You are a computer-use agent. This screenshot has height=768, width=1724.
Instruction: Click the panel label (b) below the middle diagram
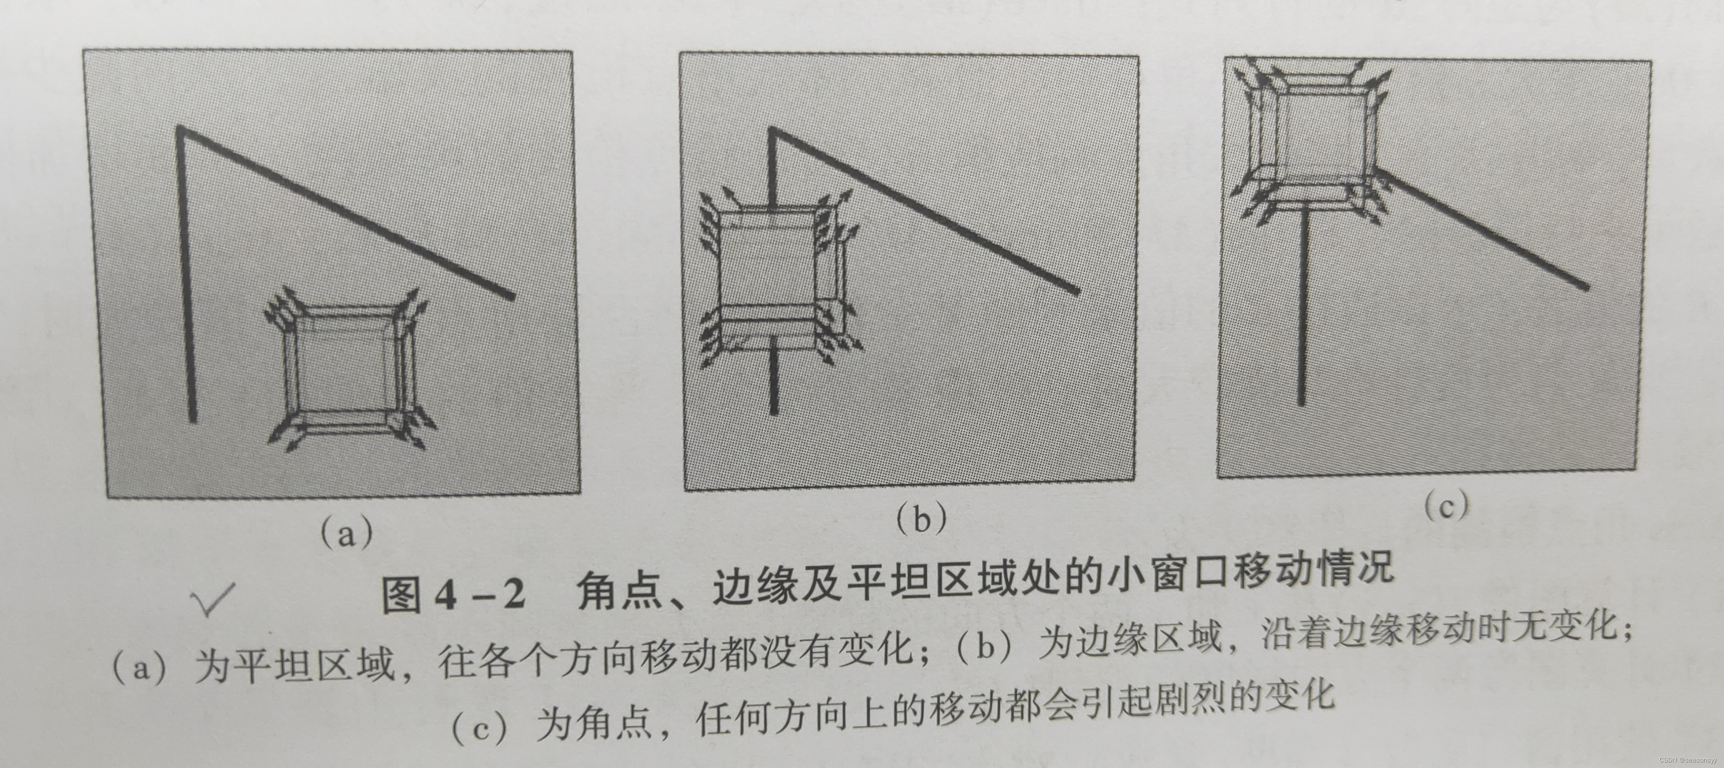[921, 518]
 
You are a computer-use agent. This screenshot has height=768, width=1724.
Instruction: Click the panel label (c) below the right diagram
[1445, 506]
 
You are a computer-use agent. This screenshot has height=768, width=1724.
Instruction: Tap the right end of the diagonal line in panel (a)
[511, 296]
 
